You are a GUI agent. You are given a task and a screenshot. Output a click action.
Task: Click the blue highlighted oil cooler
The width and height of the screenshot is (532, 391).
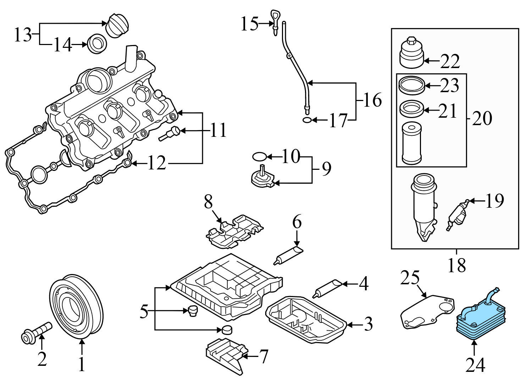click(475, 321)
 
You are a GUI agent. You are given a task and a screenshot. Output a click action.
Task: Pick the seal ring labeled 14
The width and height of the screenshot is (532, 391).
click(97, 44)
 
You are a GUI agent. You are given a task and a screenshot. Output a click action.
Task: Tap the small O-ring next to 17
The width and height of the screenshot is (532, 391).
click(307, 120)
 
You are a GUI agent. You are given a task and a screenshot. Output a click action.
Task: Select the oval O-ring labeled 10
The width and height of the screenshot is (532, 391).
click(259, 156)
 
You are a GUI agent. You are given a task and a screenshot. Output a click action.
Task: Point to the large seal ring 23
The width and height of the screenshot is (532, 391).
click(411, 85)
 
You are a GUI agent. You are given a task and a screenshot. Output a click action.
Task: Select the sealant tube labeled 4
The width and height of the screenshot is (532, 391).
click(327, 288)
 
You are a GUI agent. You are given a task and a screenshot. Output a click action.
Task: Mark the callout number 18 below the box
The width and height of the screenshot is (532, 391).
click(456, 265)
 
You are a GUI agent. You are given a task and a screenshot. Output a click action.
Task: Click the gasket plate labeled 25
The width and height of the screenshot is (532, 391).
click(426, 310)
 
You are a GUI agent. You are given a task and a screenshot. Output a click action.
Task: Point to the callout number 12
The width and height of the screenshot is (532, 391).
click(156, 163)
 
